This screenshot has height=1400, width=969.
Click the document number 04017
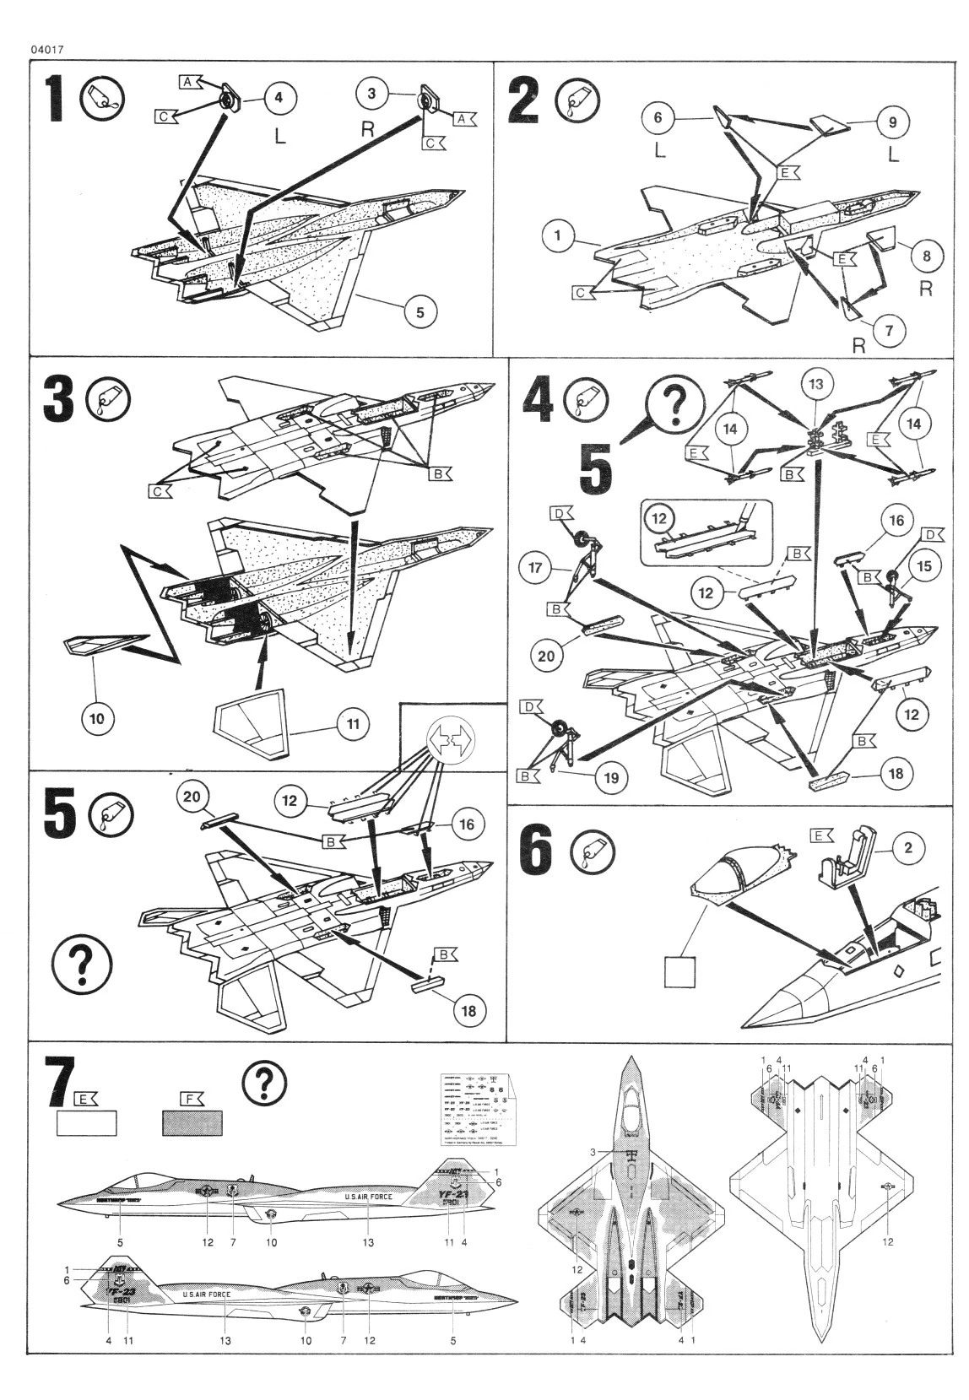click(47, 49)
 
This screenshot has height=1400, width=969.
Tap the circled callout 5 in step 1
click(420, 312)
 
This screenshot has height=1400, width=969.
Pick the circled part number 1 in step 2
click(558, 235)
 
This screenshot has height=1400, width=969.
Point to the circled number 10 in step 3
click(97, 718)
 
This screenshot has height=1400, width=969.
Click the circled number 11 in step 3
click(353, 722)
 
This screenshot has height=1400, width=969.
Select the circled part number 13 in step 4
click(815, 385)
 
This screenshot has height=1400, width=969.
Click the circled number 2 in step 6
click(907, 848)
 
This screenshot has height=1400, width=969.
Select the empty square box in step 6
click(680, 971)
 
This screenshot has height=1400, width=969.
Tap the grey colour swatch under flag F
click(192, 1123)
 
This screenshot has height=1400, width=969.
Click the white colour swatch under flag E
click(86, 1123)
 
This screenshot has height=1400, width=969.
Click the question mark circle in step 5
click(82, 963)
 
